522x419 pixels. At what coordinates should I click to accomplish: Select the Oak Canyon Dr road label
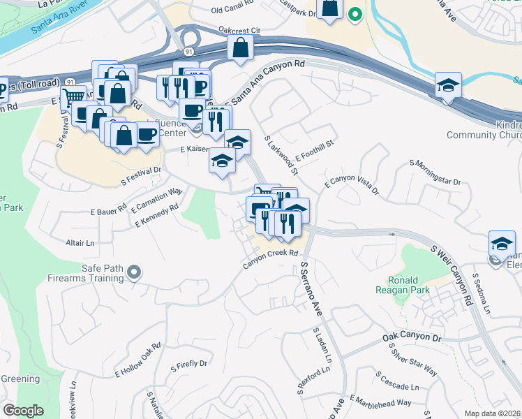coord(412,337)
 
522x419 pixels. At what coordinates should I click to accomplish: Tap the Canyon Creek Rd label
coord(271,258)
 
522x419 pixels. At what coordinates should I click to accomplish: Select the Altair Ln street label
coord(80,243)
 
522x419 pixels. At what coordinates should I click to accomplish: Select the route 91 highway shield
coord(190,52)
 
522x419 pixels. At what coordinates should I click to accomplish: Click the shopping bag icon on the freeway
coord(240,48)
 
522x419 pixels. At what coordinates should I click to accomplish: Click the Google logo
coord(24,410)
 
